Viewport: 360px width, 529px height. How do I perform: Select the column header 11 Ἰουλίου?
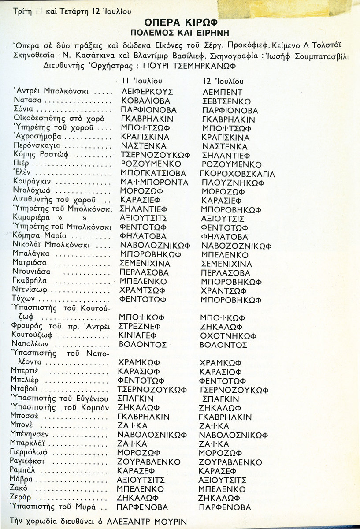(x=141, y=81)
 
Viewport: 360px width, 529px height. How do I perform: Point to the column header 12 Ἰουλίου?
(x=223, y=82)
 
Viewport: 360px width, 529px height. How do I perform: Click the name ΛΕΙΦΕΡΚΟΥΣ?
(x=147, y=92)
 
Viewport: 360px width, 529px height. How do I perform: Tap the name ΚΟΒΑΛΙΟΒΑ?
(x=145, y=101)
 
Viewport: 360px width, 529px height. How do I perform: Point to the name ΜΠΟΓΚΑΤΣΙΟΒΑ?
(x=153, y=173)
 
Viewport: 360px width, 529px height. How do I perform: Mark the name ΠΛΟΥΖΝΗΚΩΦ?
(x=230, y=183)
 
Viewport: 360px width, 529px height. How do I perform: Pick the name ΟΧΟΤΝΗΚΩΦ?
(x=228, y=336)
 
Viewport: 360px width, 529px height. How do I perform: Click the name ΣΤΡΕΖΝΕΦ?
(x=141, y=327)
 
